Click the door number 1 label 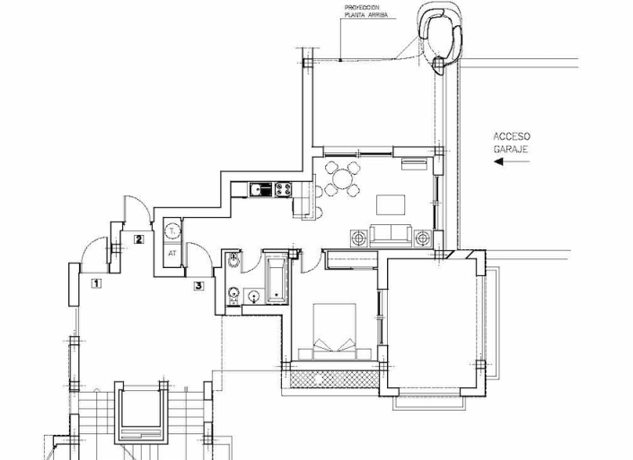[x=95, y=284]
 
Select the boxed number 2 [x=138, y=239]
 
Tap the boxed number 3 [x=198, y=286]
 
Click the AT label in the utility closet [x=171, y=254]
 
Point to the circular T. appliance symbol [x=172, y=231]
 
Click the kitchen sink [x=261, y=189]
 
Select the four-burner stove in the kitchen [x=285, y=189]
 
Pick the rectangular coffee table [x=391, y=204]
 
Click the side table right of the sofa [x=423, y=239]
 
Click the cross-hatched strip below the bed [x=333, y=378]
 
